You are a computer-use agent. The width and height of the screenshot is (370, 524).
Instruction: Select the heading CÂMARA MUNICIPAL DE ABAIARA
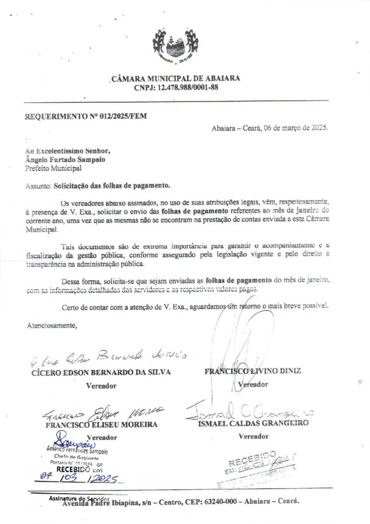tap(175, 79)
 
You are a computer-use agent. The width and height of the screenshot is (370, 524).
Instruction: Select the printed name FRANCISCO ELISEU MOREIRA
tap(101, 424)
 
